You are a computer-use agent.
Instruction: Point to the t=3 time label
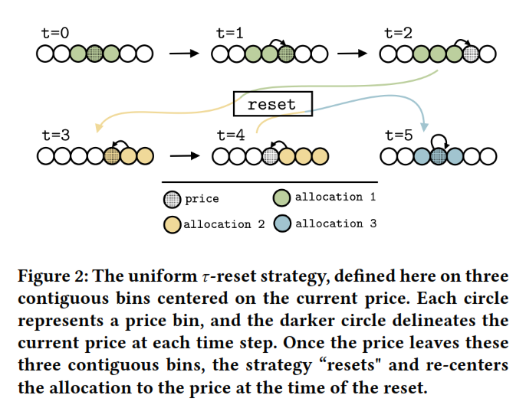[x=56, y=135]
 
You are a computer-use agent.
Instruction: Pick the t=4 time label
[x=230, y=135]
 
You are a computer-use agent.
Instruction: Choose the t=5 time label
[x=399, y=135]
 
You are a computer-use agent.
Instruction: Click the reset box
[x=272, y=104]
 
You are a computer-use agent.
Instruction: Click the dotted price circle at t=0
[x=94, y=54]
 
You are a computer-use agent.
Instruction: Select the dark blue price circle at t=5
[x=439, y=156]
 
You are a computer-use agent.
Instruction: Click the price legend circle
[x=173, y=199]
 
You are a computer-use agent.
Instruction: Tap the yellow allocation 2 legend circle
[x=173, y=224]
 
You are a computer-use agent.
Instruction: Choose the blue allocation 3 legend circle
[x=282, y=224]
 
